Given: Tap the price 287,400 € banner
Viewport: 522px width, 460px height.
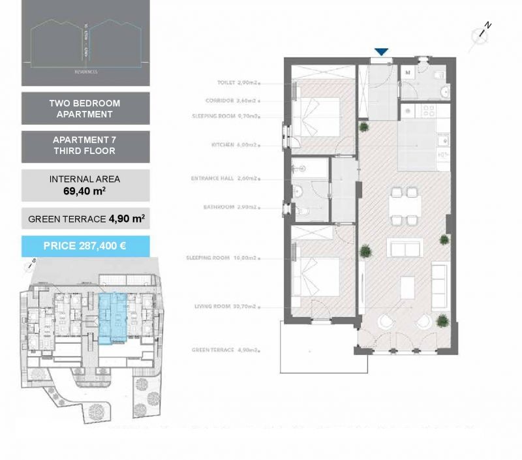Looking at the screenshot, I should [85, 246].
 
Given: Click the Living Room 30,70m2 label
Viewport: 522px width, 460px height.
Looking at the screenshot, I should [228, 306].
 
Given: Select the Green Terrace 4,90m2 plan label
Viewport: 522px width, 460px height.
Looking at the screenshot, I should [225, 350].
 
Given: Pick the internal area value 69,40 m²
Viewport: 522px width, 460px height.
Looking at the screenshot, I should [85, 191].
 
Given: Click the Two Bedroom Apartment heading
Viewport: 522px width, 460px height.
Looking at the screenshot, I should [85, 108].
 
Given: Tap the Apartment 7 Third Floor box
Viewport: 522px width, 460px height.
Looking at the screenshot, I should [85, 146].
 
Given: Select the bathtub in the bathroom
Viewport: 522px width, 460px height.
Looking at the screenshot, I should [311, 170].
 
